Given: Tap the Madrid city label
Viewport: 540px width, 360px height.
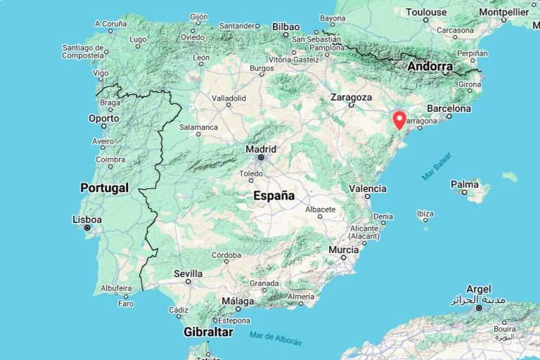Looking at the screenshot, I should tap(260, 149).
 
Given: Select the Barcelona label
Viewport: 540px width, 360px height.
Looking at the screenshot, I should tap(449, 109).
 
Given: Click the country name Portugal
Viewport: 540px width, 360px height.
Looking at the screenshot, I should tap(104, 188).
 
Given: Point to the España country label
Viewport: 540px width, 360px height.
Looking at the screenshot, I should tap(274, 196).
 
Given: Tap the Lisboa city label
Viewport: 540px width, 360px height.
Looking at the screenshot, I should tap(87, 219).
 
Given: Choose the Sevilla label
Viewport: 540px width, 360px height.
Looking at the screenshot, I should tap(188, 274).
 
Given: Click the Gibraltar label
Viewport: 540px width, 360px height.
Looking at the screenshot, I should tap(208, 331).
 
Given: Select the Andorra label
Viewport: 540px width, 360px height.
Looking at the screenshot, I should tap(430, 67).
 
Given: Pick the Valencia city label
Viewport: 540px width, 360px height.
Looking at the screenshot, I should tap(367, 188).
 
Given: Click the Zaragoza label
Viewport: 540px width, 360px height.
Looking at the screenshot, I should tap(351, 97).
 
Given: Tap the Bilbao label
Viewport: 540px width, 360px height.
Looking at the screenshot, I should tap(285, 27).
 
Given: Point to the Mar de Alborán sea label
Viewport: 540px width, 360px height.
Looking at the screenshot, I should tap(276, 338).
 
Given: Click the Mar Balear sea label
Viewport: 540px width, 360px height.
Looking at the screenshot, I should tap(437, 167).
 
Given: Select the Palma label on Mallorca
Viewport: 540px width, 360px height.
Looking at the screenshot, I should tap(464, 184).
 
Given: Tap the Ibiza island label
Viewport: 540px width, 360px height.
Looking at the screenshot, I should tap(425, 213).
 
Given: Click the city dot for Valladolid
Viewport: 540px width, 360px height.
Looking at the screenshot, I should tap(229, 105).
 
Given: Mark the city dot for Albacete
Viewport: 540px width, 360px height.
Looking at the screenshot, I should tap(321, 217).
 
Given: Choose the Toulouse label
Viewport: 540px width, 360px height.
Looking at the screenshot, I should tap(426, 12).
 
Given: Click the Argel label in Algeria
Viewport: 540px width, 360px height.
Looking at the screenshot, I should tap(478, 289).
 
